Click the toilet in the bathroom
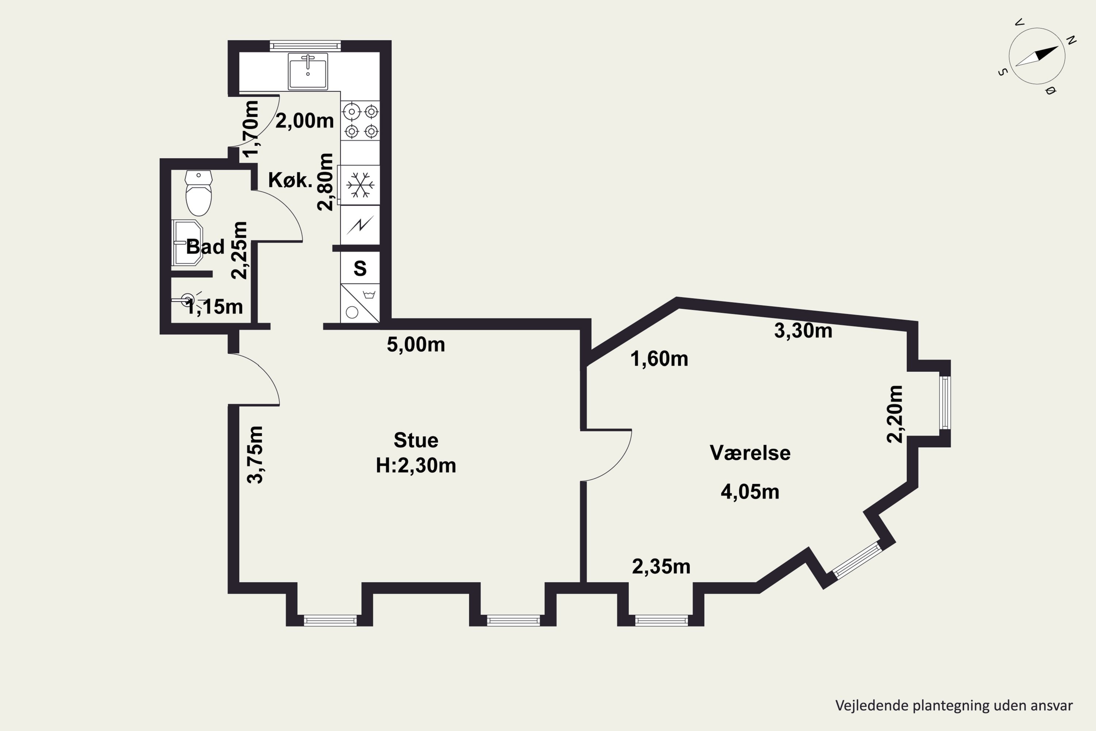(198, 193)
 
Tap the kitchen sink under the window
(308, 71)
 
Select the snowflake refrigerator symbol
(360, 185)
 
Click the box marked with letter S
(360, 268)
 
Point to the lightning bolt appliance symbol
(360, 225)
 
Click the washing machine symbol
(360, 303)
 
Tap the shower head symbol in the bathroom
(187, 299)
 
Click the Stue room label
(416, 440)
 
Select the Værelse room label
(750, 453)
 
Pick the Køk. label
(290, 180)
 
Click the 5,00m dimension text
(416, 345)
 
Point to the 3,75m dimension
(255, 455)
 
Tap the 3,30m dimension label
(803, 330)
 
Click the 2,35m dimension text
(661, 567)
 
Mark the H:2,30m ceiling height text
(416, 465)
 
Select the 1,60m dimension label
(659, 359)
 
